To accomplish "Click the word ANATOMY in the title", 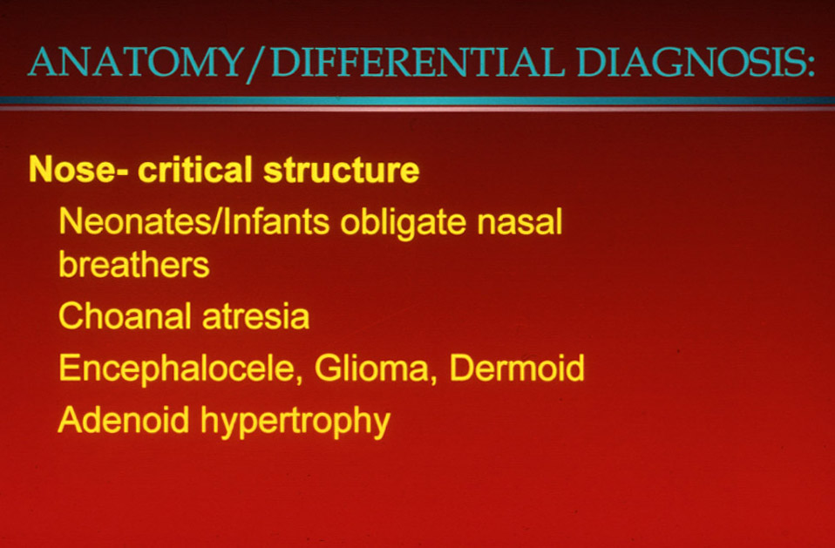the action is point(136,62).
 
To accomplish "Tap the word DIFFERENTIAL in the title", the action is point(417,62).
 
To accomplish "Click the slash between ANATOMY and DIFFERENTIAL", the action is point(256,64).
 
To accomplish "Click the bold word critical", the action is point(195,170).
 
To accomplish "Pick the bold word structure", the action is point(342,170).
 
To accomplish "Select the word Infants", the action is point(276,221).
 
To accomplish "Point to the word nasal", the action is point(519,221).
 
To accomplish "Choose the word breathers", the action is point(133,264).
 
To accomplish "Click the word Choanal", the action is point(125,316).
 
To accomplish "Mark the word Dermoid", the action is point(517,368).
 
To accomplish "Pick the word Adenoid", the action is point(124,420).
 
